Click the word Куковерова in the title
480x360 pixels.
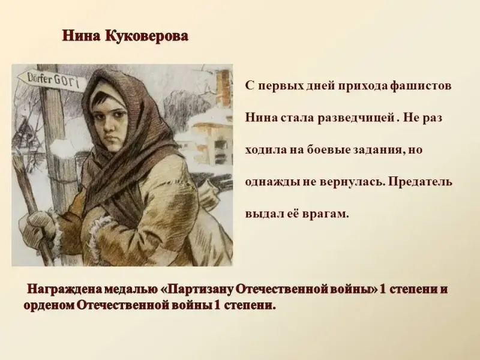point(147,36)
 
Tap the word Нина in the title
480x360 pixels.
point(81,36)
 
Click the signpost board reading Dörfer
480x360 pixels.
point(50,81)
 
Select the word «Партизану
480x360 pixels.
point(197,290)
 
